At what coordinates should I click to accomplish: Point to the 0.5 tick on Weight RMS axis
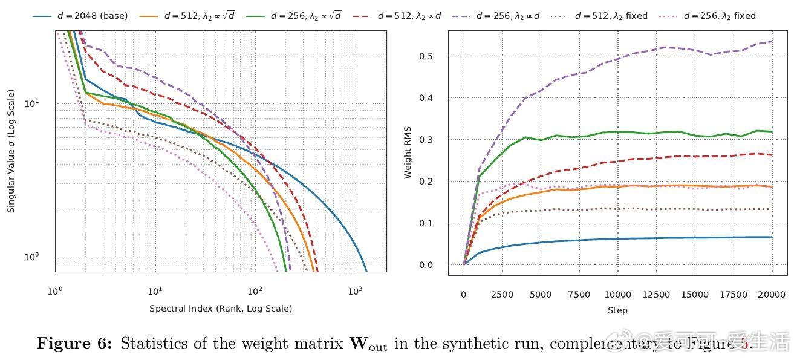coord(427,56)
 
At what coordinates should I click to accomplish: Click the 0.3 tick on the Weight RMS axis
coord(427,140)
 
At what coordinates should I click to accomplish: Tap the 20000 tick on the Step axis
coord(772,295)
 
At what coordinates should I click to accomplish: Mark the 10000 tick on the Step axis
coord(617,295)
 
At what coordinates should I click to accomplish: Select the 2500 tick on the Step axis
coord(502,295)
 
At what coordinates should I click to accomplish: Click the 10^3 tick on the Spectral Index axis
coord(355,292)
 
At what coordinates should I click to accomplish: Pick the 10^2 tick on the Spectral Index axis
coord(255,292)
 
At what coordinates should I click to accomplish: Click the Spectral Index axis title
coord(221,309)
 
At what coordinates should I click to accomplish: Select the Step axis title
coord(617,310)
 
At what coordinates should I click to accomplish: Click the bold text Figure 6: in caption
coord(74,344)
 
